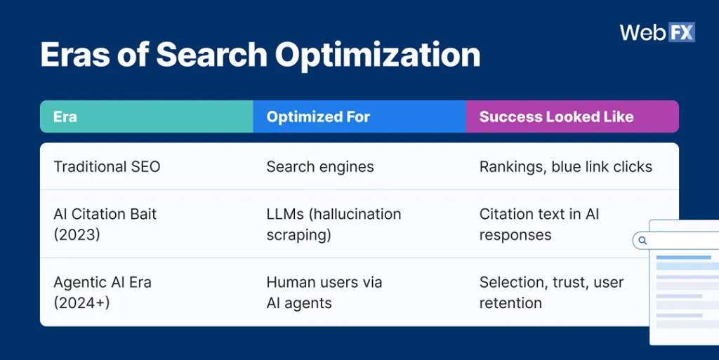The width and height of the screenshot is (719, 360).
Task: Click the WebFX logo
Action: [x=657, y=32]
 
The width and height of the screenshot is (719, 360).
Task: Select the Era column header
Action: [x=65, y=116]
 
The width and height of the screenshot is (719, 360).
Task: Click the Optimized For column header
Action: [x=318, y=116]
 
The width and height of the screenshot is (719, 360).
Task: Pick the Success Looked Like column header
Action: [x=556, y=116]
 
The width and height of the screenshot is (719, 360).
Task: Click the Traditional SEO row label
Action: [x=107, y=166]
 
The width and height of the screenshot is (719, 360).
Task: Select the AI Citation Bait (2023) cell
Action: [x=105, y=224]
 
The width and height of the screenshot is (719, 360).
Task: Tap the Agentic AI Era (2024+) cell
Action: [x=103, y=293]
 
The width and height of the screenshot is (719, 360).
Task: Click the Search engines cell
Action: [x=319, y=166]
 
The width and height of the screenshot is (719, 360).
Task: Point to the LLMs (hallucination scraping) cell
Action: [x=334, y=224]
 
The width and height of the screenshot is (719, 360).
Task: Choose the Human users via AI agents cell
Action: [x=324, y=293]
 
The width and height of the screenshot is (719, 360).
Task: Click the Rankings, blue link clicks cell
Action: [x=565, y=166]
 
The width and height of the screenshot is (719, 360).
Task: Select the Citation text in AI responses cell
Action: [x=539, y=224]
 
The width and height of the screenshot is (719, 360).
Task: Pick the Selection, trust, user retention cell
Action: [x=551, y=293]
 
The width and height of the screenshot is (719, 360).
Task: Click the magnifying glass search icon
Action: [x=642, y=241]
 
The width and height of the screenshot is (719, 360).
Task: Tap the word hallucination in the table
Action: [x=356, y=214]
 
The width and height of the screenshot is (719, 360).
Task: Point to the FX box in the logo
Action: [x=680, y=32]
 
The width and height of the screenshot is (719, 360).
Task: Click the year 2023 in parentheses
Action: [x=77, y=234]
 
